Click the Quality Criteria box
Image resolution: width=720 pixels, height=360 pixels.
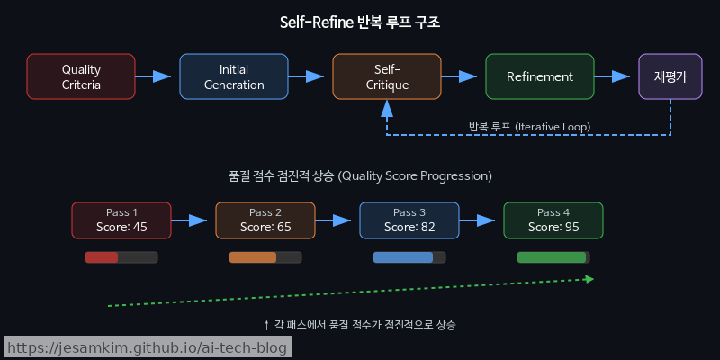[81, 76]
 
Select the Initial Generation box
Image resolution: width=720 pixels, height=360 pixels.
[234, 76]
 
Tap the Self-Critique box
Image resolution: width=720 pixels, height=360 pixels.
[387, 76]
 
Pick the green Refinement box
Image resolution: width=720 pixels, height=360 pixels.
[540, 76]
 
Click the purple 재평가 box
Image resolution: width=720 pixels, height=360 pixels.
[670, 76]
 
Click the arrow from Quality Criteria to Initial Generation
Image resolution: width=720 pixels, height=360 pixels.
[157, 76]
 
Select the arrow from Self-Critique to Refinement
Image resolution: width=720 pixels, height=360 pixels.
[463, 76]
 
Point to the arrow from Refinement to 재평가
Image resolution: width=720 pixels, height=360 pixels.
[616, 76]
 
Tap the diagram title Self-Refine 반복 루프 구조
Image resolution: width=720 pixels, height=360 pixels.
[360, 22]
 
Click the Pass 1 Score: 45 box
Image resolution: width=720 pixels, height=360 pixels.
[121, 220]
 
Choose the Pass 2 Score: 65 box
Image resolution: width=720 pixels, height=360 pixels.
[265, 220]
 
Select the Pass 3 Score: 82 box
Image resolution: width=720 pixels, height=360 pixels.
[409, 220]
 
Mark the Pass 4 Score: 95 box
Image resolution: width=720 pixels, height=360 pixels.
[553, 220]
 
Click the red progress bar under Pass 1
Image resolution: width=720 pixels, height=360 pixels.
[103, 257]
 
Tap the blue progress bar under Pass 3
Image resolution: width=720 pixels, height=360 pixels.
[403, 257]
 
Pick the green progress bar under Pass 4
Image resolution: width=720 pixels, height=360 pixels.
[552, 257]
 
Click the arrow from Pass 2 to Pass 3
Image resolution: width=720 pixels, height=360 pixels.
[337, 220]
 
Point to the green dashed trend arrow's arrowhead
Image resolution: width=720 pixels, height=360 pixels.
[589, 279]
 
